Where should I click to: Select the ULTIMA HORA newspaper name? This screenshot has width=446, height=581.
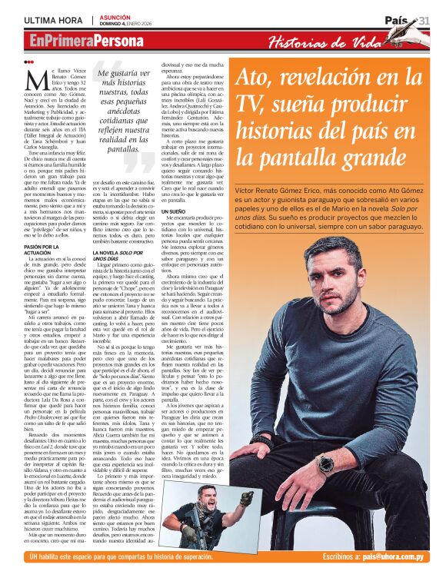[53, 19]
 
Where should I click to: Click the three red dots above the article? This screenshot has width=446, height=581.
[29, 62]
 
